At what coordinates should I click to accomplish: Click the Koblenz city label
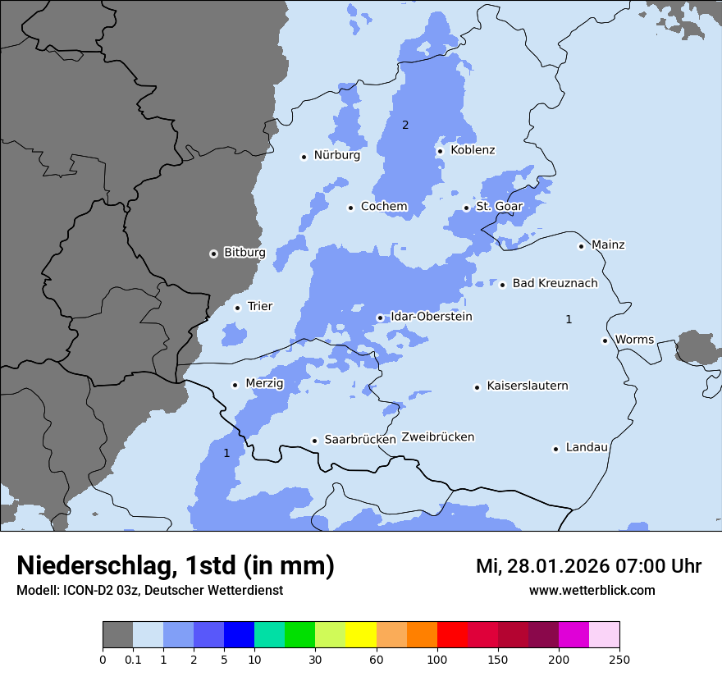click(473, 150)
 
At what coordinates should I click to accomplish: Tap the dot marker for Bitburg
click(213, 254)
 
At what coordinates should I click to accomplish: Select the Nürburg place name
click(336, 155)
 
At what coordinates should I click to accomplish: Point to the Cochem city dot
click(350, 208)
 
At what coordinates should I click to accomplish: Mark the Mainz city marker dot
click(581, 246)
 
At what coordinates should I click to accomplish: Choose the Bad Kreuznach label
click(555, 283)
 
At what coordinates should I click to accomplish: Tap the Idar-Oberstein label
click(431, 317)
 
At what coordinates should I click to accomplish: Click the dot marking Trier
click(237, 308)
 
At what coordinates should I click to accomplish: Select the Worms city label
click(634, 340)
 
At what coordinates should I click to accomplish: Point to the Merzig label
click(264, 383)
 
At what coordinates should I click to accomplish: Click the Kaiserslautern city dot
click(477, 387)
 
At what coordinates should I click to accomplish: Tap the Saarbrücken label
click(360, 440)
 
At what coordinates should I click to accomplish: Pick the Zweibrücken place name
click(437, 437)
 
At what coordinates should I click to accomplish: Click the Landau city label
click(587, 447)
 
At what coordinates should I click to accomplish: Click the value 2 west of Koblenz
click(404, 126)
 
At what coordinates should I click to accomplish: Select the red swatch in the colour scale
click(452, 635)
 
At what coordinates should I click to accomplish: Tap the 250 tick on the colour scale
click(619, 660)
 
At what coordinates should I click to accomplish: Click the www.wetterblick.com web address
click(592, 591)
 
